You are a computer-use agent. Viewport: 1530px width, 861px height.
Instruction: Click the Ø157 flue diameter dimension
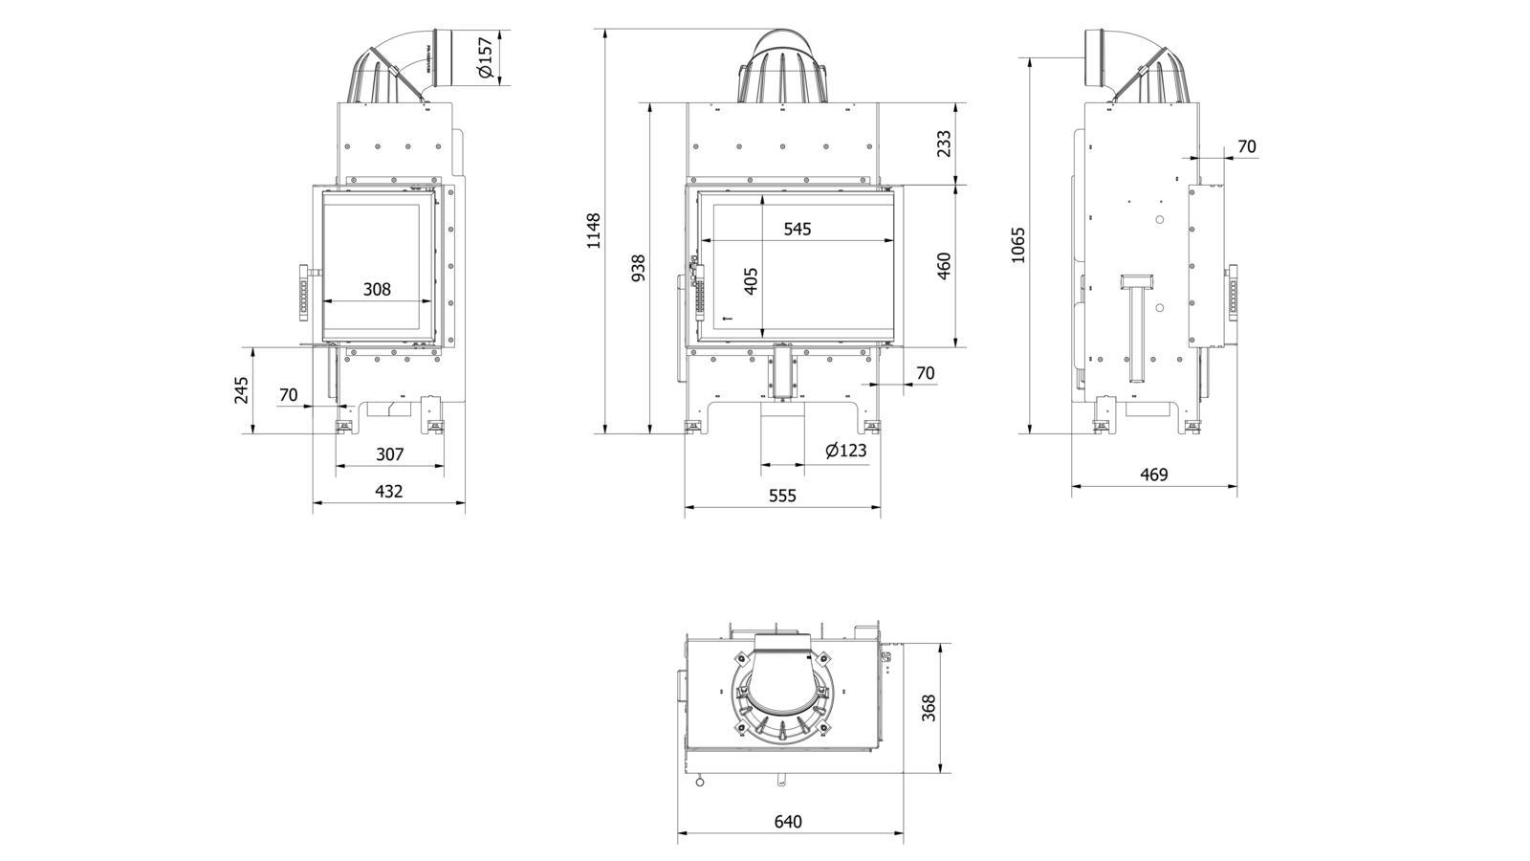coord(485,57)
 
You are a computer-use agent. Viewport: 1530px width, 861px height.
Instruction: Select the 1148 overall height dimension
coord(594,231)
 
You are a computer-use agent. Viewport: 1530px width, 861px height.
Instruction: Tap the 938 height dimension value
coord(638,268)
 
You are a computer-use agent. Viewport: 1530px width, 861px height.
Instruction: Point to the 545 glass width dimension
coord(797,229)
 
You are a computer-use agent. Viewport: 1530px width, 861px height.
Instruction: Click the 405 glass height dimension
coord(751,280)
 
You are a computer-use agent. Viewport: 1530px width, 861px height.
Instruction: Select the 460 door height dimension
coord(944,266)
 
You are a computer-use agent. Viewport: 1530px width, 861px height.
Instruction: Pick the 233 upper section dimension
coord(944,143)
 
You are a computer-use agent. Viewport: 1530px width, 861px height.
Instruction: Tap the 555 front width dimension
coord(781,495)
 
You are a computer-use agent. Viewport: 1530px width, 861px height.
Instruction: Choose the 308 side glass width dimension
coord(377,289)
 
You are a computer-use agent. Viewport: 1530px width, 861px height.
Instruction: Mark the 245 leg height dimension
coord(241,389)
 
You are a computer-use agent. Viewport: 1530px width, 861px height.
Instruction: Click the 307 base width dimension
coord(389,454)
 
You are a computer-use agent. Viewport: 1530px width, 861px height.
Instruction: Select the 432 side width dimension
coord(388,491)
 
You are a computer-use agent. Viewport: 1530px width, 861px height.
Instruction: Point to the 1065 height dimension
coord(1017,244)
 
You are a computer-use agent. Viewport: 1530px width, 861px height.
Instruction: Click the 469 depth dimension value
coord(1154,474)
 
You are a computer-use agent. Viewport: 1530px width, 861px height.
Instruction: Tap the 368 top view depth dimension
coord(929,707)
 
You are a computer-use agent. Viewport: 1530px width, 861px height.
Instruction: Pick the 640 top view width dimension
coord(788,821)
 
